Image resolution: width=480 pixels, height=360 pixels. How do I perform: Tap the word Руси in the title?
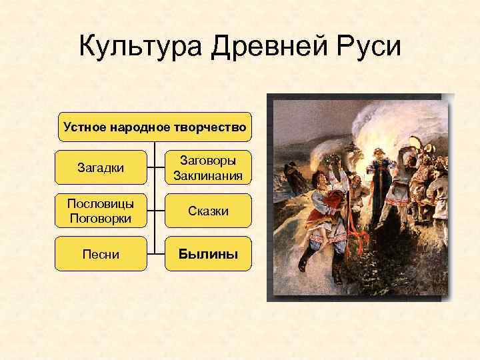tap(366, 48)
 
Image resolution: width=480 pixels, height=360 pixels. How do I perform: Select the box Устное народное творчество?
tap(155, 127)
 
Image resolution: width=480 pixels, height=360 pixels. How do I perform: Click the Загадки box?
tap(101, 167)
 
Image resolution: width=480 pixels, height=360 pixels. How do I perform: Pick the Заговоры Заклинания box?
tap(208, 167)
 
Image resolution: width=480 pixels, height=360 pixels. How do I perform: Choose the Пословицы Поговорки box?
tap(101, 211)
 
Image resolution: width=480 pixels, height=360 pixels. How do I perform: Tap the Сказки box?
tap(208, 211)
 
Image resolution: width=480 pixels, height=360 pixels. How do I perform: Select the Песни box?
tap(101, 254)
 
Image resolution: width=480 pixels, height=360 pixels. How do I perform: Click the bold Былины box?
tap(208, 254)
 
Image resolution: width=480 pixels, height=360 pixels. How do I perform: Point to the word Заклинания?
tap(208, 176)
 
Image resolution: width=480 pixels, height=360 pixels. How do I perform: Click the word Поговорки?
tap(101, 219)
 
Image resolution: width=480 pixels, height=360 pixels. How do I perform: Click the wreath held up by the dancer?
tap(331, 161)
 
